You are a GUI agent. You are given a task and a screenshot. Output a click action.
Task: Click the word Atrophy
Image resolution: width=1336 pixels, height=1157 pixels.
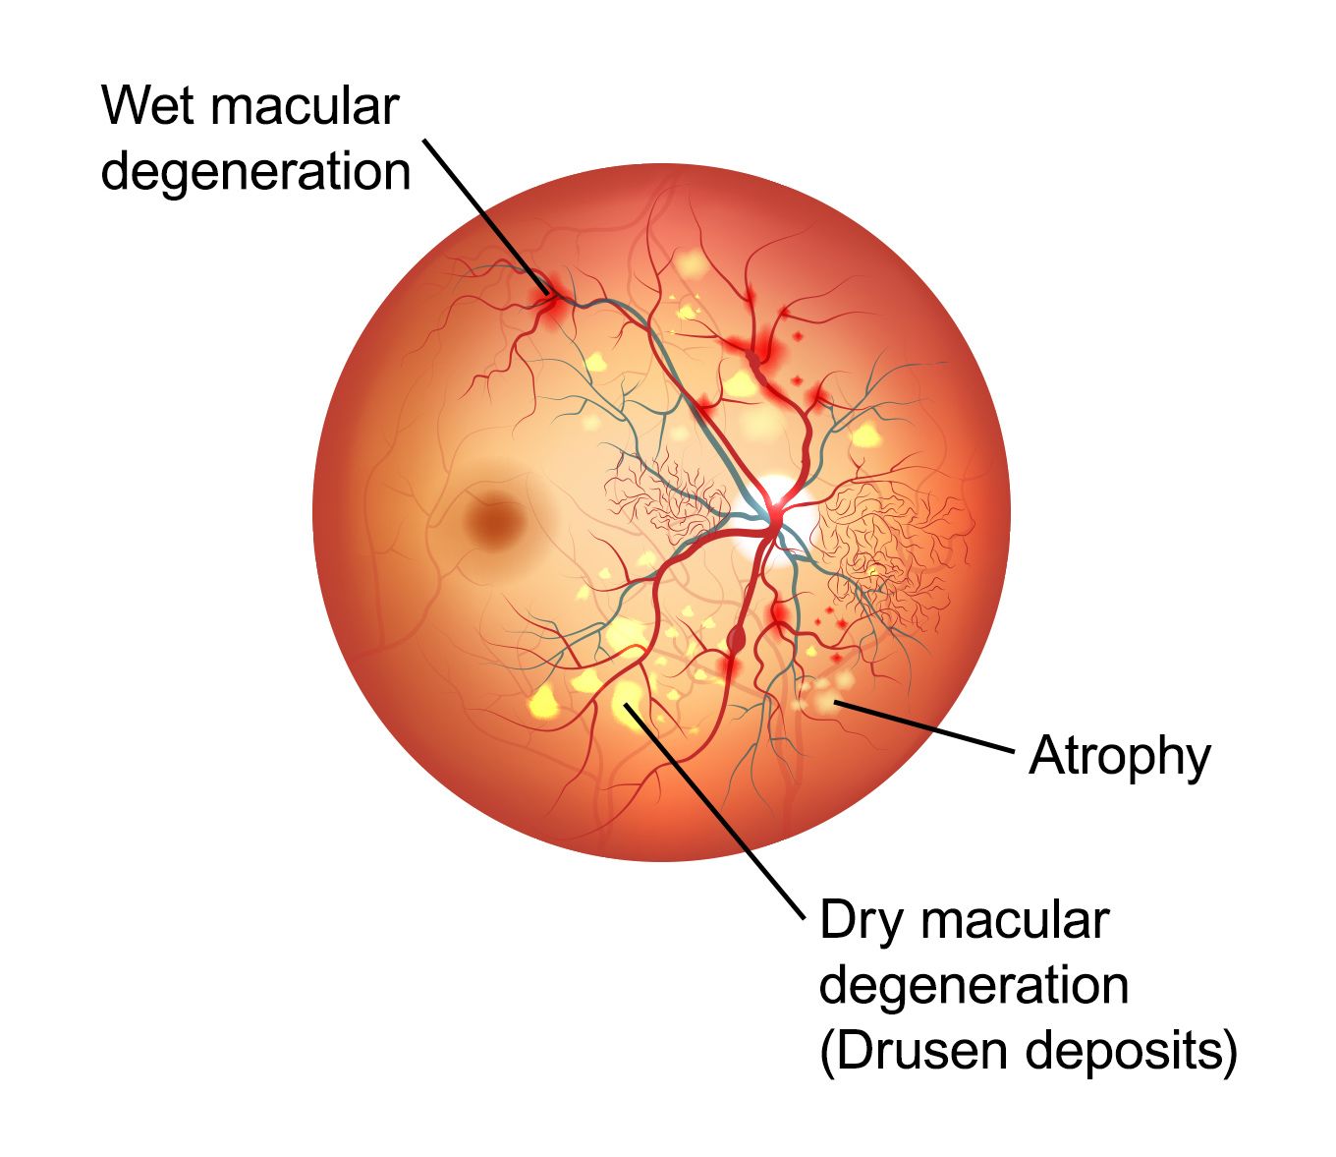(1120, 757)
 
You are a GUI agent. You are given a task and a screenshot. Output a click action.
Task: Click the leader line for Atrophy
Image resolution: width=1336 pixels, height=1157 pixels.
(923, 727)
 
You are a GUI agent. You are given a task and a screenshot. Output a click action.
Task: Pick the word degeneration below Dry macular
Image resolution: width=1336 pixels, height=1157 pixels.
(974, 986)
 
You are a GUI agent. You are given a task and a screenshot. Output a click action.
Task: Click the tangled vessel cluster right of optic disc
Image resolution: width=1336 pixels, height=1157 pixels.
(884, 541)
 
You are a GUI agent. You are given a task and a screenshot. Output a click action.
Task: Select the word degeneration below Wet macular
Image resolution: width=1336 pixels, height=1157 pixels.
(255, 171)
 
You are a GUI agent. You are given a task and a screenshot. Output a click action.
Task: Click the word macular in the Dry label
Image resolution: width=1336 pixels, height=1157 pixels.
(1016, 922)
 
